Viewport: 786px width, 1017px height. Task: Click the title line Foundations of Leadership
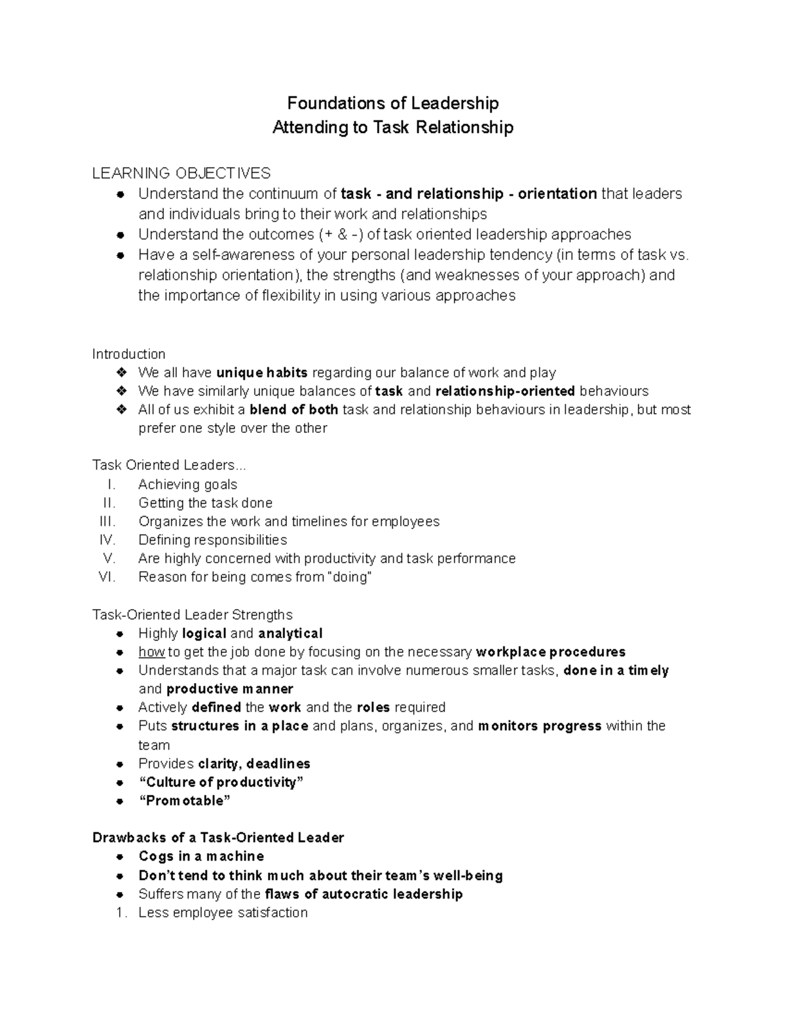click(x=393, y=103)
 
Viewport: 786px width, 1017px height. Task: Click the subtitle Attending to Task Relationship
click(x=393, y=127)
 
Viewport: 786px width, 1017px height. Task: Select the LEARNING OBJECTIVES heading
click(x=181, y=174)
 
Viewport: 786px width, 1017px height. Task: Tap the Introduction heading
click(x=128, y=354)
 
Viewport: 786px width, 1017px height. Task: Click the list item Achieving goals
click(x=187, y=485)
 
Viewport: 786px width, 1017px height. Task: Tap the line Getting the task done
click(x=205, y=503)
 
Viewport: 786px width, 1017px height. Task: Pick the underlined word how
click(x=151, y=652)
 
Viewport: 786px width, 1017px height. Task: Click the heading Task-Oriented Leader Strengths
click(x=192, y=615)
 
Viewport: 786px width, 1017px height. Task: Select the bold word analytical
click(x=290, y=633)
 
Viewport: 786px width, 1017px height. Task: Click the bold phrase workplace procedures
click(x=550, y=652)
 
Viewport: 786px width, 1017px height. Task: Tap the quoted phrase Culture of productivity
click(x=221, y=783)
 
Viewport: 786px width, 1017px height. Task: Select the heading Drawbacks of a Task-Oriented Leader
click(x=218, y=838)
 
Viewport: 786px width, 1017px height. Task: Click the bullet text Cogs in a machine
click(x=201, y=857)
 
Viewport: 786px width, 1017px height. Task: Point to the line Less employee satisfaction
click(x=223, y=913)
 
